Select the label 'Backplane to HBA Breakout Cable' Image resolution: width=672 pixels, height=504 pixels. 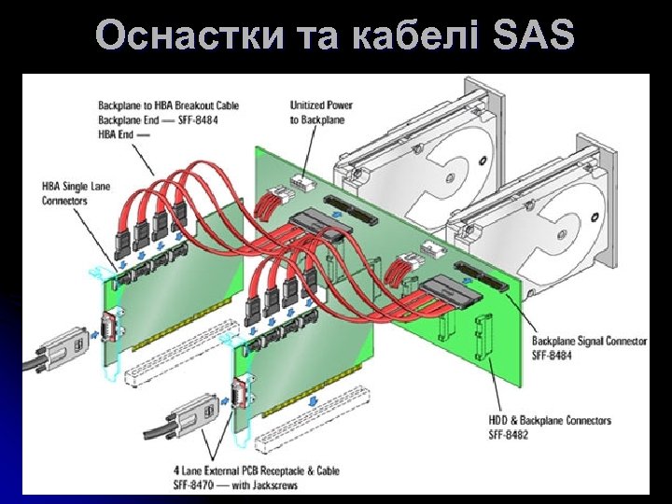click(x=168, y=105)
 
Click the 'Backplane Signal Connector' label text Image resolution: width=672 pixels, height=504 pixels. click(x=589, y=342)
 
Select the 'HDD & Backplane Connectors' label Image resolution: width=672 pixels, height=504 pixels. click(x=550, y=421)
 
